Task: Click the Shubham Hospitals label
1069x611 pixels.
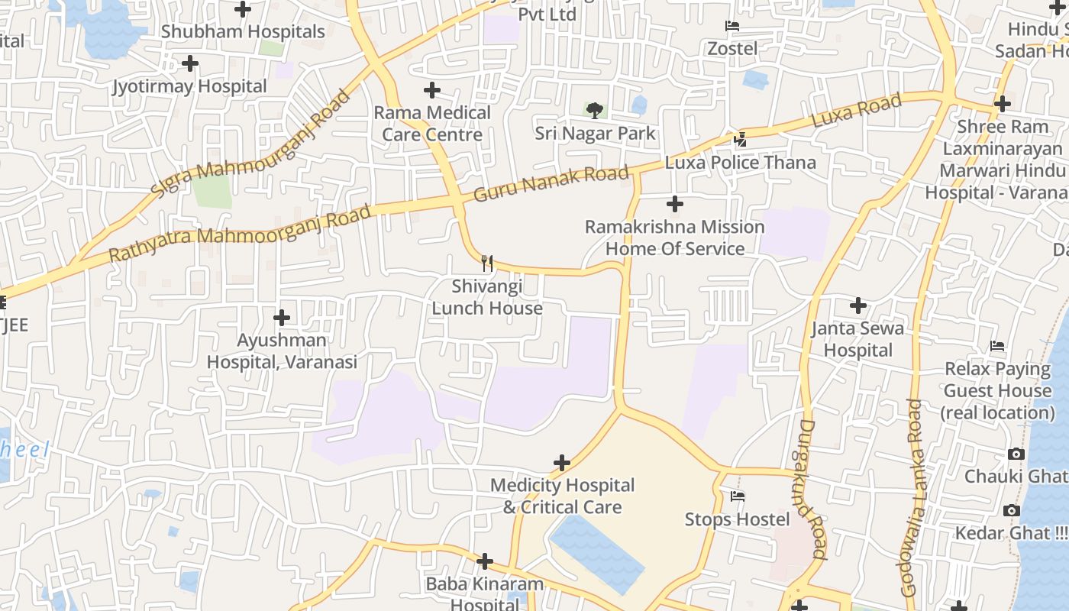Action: coord(243,32)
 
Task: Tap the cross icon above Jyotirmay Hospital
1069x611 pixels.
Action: coord(190,63)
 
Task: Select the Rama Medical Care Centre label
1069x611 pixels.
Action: coord(432,124)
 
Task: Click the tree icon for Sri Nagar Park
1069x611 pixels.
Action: coord(595,111)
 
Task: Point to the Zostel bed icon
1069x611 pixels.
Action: coord(732,26)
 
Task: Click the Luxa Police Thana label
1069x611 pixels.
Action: coord(740,163)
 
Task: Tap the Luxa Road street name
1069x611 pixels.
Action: coord(857,110)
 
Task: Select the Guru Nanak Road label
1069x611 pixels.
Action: coord(551,184)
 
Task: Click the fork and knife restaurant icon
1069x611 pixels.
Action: coord(487,263)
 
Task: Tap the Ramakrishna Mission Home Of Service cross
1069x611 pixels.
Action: coord(675,204)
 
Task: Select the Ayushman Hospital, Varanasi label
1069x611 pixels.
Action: coord(282,351)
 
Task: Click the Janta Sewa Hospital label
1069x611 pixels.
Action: coord(857,339)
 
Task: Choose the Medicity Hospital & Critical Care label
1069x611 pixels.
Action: coord(562,496)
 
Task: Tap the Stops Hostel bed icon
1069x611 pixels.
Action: coord(738,496)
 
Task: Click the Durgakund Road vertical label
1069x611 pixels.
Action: coord(812,489)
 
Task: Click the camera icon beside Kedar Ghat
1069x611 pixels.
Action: coord(1012,510)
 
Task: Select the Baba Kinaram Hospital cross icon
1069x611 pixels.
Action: coord(485,562)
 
